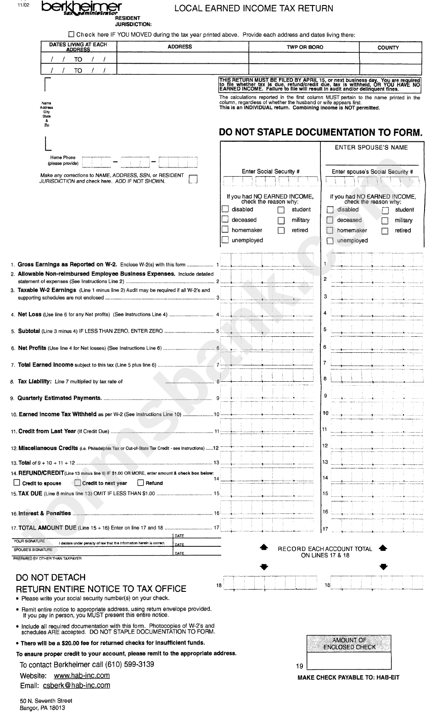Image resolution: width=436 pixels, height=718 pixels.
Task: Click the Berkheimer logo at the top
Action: pyautogui.click(x=81, y=8)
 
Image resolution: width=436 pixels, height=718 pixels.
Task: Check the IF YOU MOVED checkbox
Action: pyautogui.click(x=71, y=34)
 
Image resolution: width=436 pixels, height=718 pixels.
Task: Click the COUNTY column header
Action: pyautogui.click(x=388, y=47)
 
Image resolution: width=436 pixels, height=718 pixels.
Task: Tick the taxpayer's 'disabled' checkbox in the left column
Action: pyautogui.click(x=225, y=209)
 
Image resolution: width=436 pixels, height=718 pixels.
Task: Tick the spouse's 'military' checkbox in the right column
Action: pyautogui.click(x=386, y=221)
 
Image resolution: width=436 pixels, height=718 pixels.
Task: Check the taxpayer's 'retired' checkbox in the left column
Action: pyautogui.click(x=281, y=230)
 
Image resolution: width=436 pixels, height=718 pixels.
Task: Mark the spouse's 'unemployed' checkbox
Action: pyautogui.click(x=330, y=241)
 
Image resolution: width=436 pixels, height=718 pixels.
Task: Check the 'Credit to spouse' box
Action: pyautogui.click(x=17, y=483)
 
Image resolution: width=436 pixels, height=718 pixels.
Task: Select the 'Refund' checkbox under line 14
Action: pyautogui.click(x=141, y=483)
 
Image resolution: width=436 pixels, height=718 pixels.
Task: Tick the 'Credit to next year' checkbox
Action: pyautogui.click(x=78, y=483)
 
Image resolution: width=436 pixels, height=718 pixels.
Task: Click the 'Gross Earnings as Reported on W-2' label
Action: pyautogui.click(x=67, y=264)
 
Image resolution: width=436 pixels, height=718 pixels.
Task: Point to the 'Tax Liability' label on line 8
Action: pyautogui.click(x=34, y=381)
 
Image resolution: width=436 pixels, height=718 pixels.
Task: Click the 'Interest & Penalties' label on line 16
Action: pyautogui.click(x=45, y=513)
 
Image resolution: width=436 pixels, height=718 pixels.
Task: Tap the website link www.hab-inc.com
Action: pyautogui.click(x=82, y=675)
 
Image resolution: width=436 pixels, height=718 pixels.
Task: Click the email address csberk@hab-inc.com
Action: pyautogui.click(x=76, y=685)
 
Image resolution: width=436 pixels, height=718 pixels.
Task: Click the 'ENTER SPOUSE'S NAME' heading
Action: pyautogui.click(x=371, y=147)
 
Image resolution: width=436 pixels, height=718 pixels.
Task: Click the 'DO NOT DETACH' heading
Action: pyautogui.click(x=50, y=577)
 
